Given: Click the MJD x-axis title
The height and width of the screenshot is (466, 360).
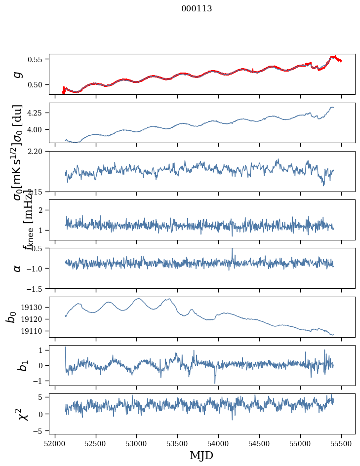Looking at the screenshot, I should (x=201, y=456).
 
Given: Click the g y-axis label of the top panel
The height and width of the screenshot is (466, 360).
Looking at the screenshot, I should (x=17, y=75).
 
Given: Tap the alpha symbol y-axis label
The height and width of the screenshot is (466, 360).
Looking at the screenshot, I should (x=17, y=268).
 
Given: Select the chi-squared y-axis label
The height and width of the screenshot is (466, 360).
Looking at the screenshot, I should (x=17, y=414).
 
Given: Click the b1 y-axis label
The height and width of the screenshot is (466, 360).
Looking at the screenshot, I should (x=17, y=365).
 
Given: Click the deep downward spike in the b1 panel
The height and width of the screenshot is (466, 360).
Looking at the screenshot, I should (x=215, y=382).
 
